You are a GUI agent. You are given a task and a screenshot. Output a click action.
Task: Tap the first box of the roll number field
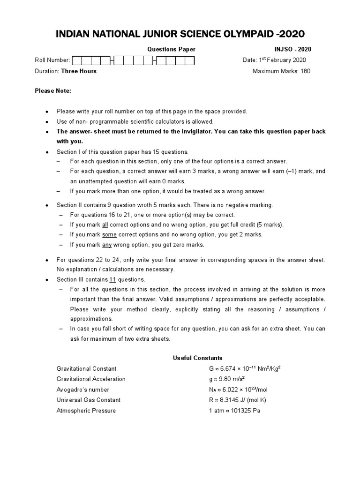pos(77,60)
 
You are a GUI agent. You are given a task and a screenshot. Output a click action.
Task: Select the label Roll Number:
pos(52,60)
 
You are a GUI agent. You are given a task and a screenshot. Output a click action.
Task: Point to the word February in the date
pos(279,60)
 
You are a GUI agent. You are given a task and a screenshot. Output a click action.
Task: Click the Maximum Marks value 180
pos(305,71)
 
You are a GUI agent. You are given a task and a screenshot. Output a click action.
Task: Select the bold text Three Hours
pos(79,71)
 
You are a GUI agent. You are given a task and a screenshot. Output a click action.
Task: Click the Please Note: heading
pos(53,90)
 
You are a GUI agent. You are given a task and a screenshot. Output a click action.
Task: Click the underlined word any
pos(107,245)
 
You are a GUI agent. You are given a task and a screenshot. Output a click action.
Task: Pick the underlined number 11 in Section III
pos(112,279)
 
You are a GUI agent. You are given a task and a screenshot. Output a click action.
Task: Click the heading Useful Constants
pos(191,358)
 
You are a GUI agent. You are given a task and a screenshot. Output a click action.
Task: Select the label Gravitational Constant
pos(86,369)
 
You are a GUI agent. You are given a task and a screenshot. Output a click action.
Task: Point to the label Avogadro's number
pos(83,390)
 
